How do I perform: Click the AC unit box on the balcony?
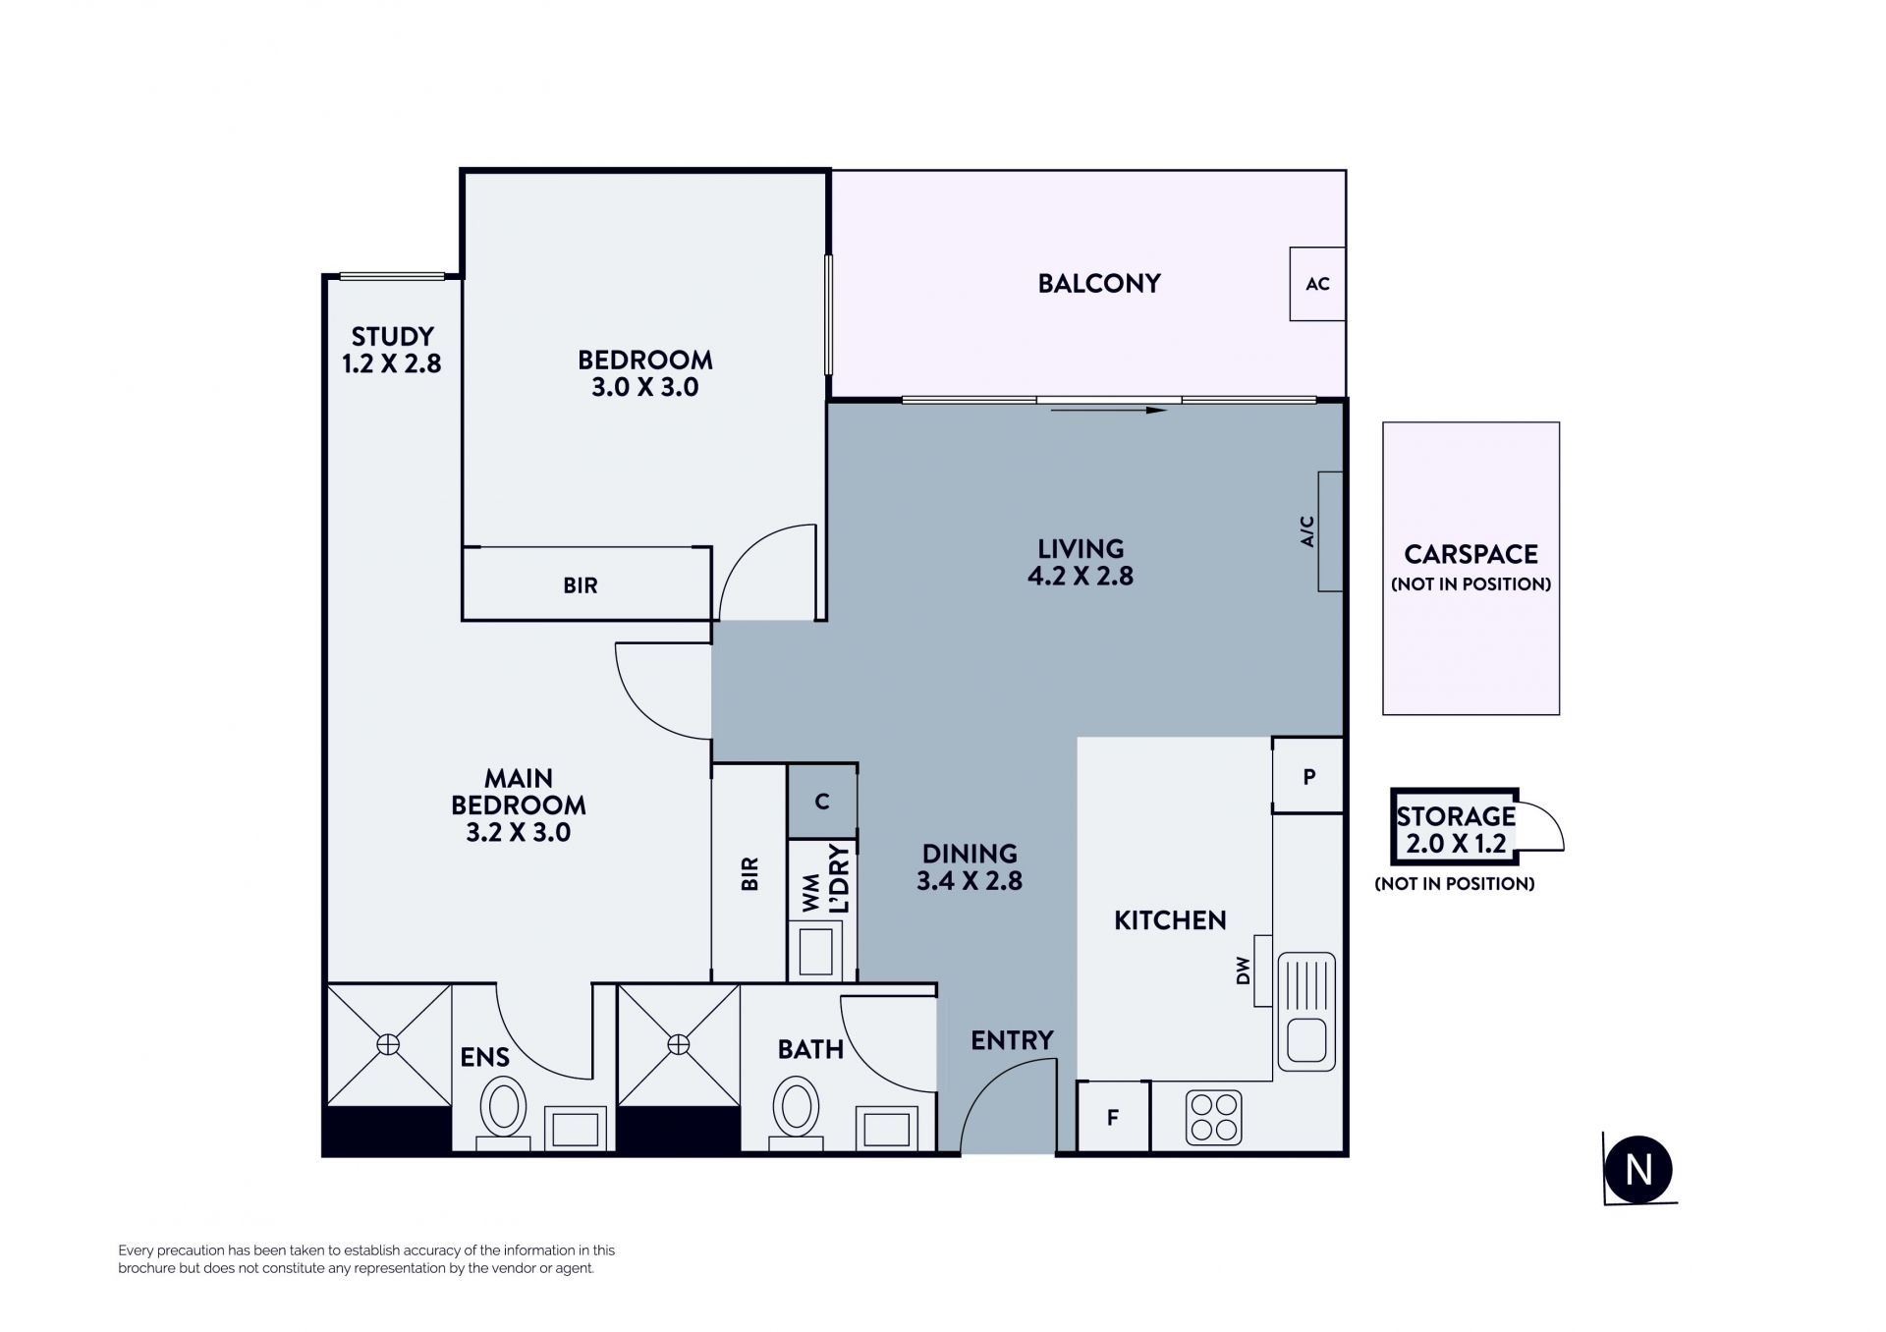pyautogui.click(x=1317, y=284)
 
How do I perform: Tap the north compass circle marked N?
pyautogui.click(x=1637, y=1170)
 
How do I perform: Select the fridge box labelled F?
pyautogui.click(x=1113, y=1116)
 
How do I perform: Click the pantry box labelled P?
pyautogui.click(x=1307, y=776)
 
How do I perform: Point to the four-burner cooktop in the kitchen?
pyautogui.click(x=1213, y=1118)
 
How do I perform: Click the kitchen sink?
pyautogui.click(x=1306, y=1012)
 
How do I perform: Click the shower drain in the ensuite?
pyautogui.click(x=389, y=1044)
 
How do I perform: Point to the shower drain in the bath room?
pyautogui.click(x=679, y=1044)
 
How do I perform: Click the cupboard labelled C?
pyautogui.click(x=822, y=802)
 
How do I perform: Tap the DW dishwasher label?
pyautogui.click(x=1244, y=971)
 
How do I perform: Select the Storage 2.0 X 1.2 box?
pyautogui.click(x=1455, y=826)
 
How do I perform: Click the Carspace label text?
pyautogui.click(x=1470, y=554)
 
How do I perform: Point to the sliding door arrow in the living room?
pyautogui.click(x=1108, y=410)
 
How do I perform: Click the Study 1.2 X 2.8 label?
pyautogui.click(x=392, y=350)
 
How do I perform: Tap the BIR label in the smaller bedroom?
pyautogui.click(x=581, y=585)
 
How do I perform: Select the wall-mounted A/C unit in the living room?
pyautogui.click(x=1330, y=531)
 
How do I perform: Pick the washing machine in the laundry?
pyautogui.click(x=814, y=951)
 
